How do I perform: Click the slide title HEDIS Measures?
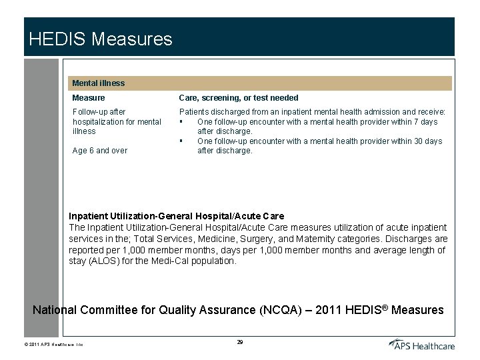(101, 39)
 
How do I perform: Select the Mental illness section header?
(98, 83)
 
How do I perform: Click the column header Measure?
(89, 98)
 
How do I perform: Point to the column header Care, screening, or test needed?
(239, 98)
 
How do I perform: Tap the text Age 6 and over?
(99, 151)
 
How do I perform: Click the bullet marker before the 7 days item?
(181, 122)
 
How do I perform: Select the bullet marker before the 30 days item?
(181, 141)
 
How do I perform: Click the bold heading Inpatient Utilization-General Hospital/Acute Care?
(177, 216)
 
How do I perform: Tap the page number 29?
(240, 342)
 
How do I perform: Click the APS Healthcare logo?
(422, 344)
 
